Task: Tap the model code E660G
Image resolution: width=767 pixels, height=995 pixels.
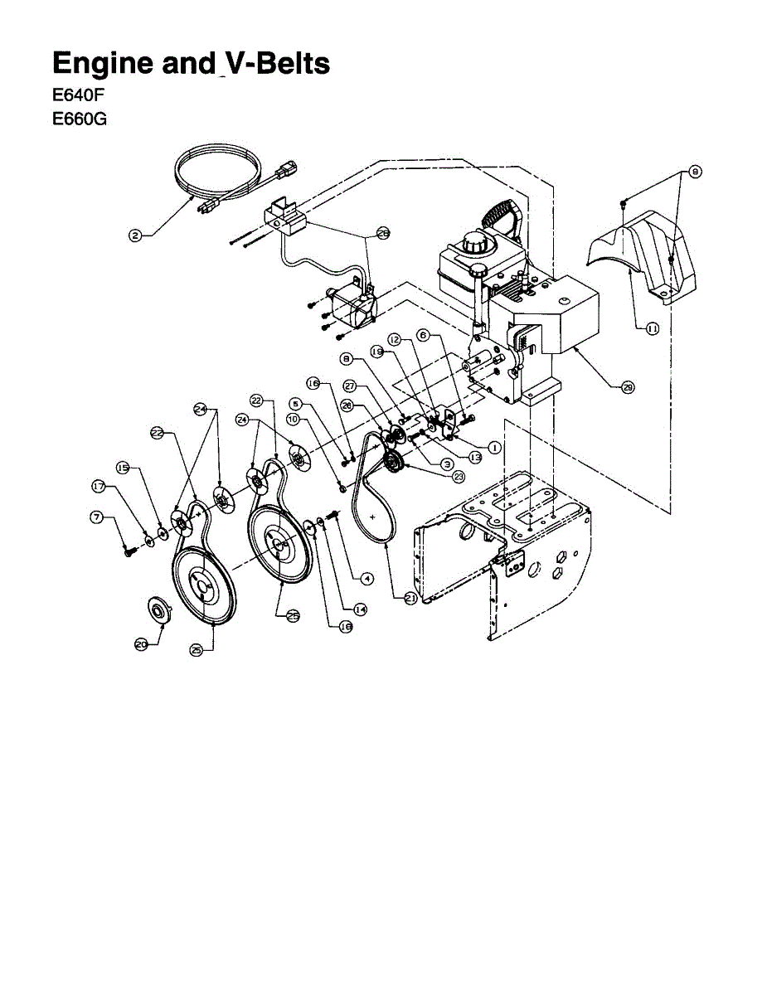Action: point(79,119)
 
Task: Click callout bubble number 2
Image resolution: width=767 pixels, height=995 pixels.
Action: point(134,235)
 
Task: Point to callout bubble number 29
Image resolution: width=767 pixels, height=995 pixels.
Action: point(628,386)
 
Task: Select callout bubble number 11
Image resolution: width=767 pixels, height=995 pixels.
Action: point(653,329)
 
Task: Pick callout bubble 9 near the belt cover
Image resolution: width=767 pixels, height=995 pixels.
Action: point(696,172)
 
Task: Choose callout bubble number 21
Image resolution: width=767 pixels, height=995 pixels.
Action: point(410,597)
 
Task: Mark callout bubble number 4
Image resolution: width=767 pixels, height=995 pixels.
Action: point(367,578)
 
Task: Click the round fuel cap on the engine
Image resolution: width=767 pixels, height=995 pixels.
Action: point(476,244)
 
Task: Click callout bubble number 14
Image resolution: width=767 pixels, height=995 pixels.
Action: point(360,609)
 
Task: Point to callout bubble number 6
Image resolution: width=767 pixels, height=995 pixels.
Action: point(424,336)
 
